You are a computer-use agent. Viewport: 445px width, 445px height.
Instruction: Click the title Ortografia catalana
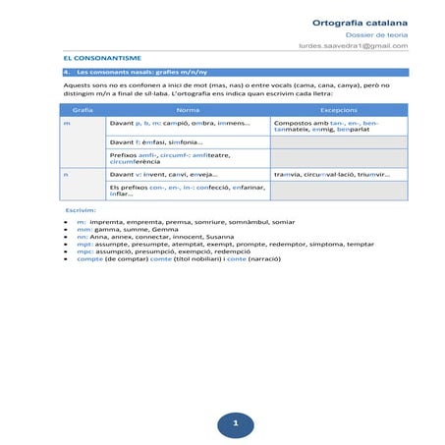(x=360, y=22)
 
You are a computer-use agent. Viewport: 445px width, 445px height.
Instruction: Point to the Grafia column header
(x=83, y=110)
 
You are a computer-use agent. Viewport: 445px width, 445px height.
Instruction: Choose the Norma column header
(x=187, y=110)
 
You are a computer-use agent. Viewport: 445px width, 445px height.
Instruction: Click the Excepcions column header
(x=338, y=110)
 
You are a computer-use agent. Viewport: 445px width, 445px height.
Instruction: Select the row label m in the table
(x=67, y=124)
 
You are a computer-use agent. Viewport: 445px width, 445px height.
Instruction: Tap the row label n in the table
(x=66, y=174)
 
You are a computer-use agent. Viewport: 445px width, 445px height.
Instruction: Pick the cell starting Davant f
(x=157, y=142)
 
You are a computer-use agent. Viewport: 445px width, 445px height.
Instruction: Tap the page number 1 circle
(x=235, y=423)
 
